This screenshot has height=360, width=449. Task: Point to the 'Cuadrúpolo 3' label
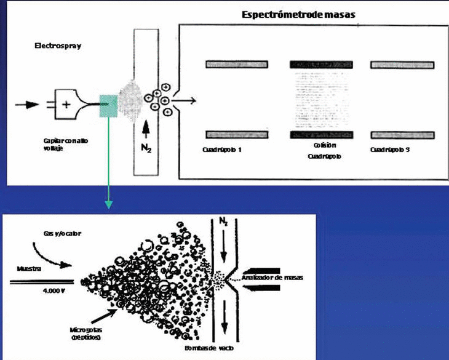391,150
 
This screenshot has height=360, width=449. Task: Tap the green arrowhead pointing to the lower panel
108,204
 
